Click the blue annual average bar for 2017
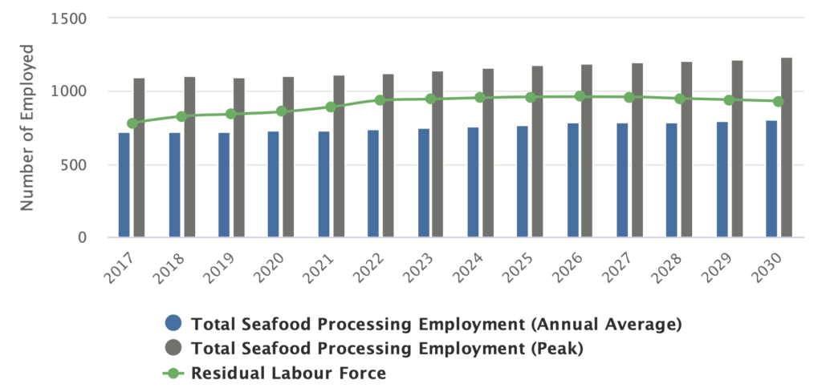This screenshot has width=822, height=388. [124, 185]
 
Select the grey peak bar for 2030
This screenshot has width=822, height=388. [787, 148]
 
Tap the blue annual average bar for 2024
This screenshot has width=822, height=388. [473, 182]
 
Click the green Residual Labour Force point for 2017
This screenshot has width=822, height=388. [132, 123]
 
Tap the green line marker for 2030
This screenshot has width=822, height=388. [779, 102]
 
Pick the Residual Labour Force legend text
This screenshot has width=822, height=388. [288, 374]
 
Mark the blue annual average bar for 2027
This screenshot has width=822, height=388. [622, 180]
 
